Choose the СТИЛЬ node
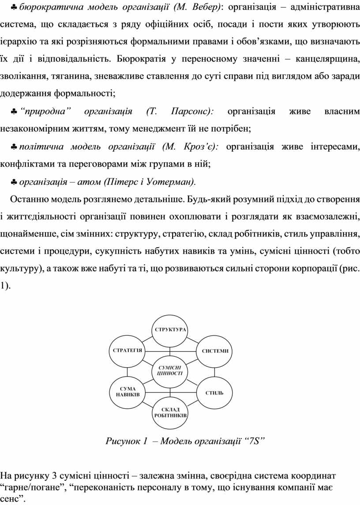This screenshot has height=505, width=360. pyautogui.click(x=214, y=392)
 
